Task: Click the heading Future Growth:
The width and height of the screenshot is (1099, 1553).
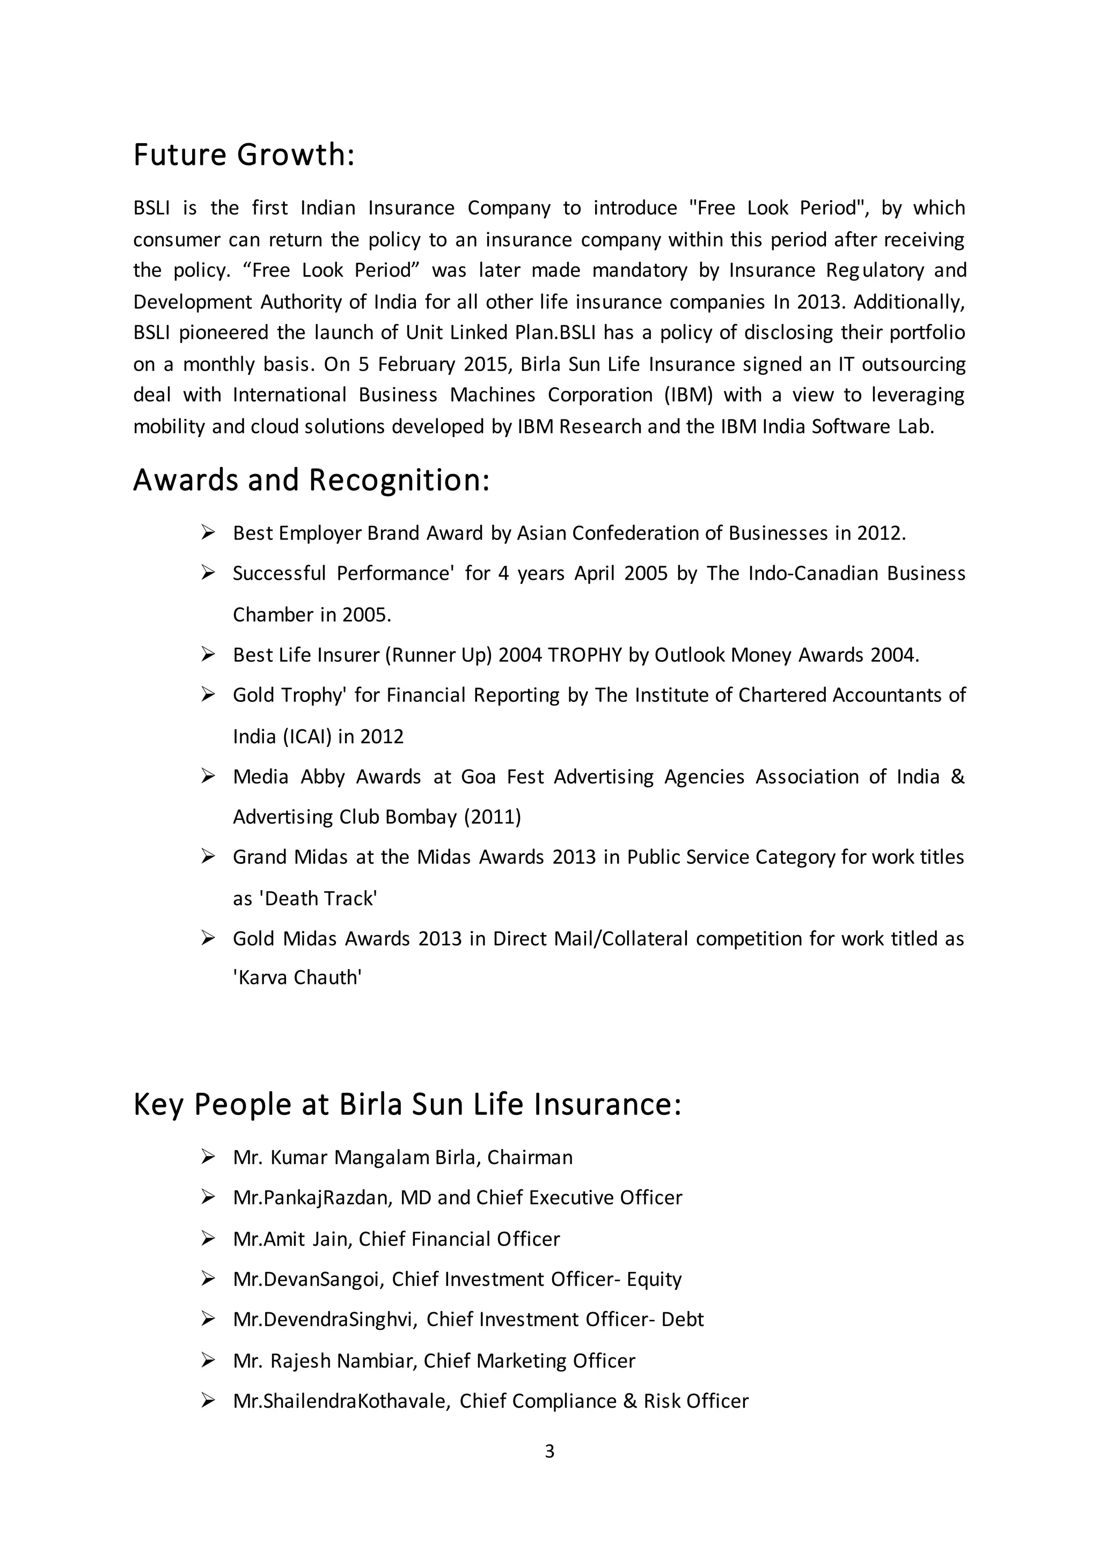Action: (x=244, y=155)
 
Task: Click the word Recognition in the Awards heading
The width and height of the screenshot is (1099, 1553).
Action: (x=399, y=480)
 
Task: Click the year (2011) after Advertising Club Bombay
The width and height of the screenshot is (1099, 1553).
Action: (x=492, y=817)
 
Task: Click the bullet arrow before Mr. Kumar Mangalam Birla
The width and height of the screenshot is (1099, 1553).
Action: (x=208, y=1157)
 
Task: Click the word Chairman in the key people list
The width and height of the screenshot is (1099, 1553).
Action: (x=530, y=1157)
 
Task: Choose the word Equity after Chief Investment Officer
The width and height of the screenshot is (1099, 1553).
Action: (x=654, y=1279)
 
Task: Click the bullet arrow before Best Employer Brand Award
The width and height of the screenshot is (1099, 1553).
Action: (x=208, y=533)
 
